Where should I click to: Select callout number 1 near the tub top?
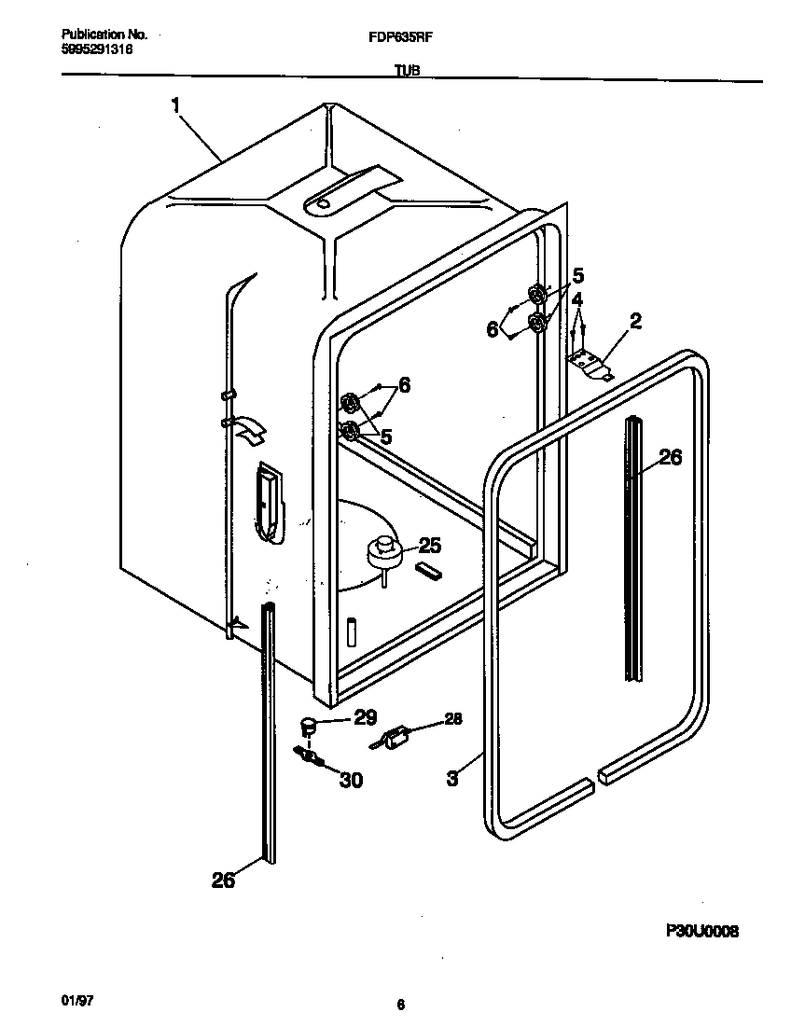[x=175, y=106]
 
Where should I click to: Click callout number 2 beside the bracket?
[x=635, y=323]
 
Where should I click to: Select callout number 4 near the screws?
[x=578, y=300]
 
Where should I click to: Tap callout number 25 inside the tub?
[x=429, y=546]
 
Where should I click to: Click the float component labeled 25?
[x=382, y=552]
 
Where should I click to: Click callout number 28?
[x=451, y=718]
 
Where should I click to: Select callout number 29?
[x=365, y=717]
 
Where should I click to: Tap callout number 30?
[x=351, y=781]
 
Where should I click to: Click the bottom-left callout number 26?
[x=224, y=879]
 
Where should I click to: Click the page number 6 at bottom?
[x=400, y=1005]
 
